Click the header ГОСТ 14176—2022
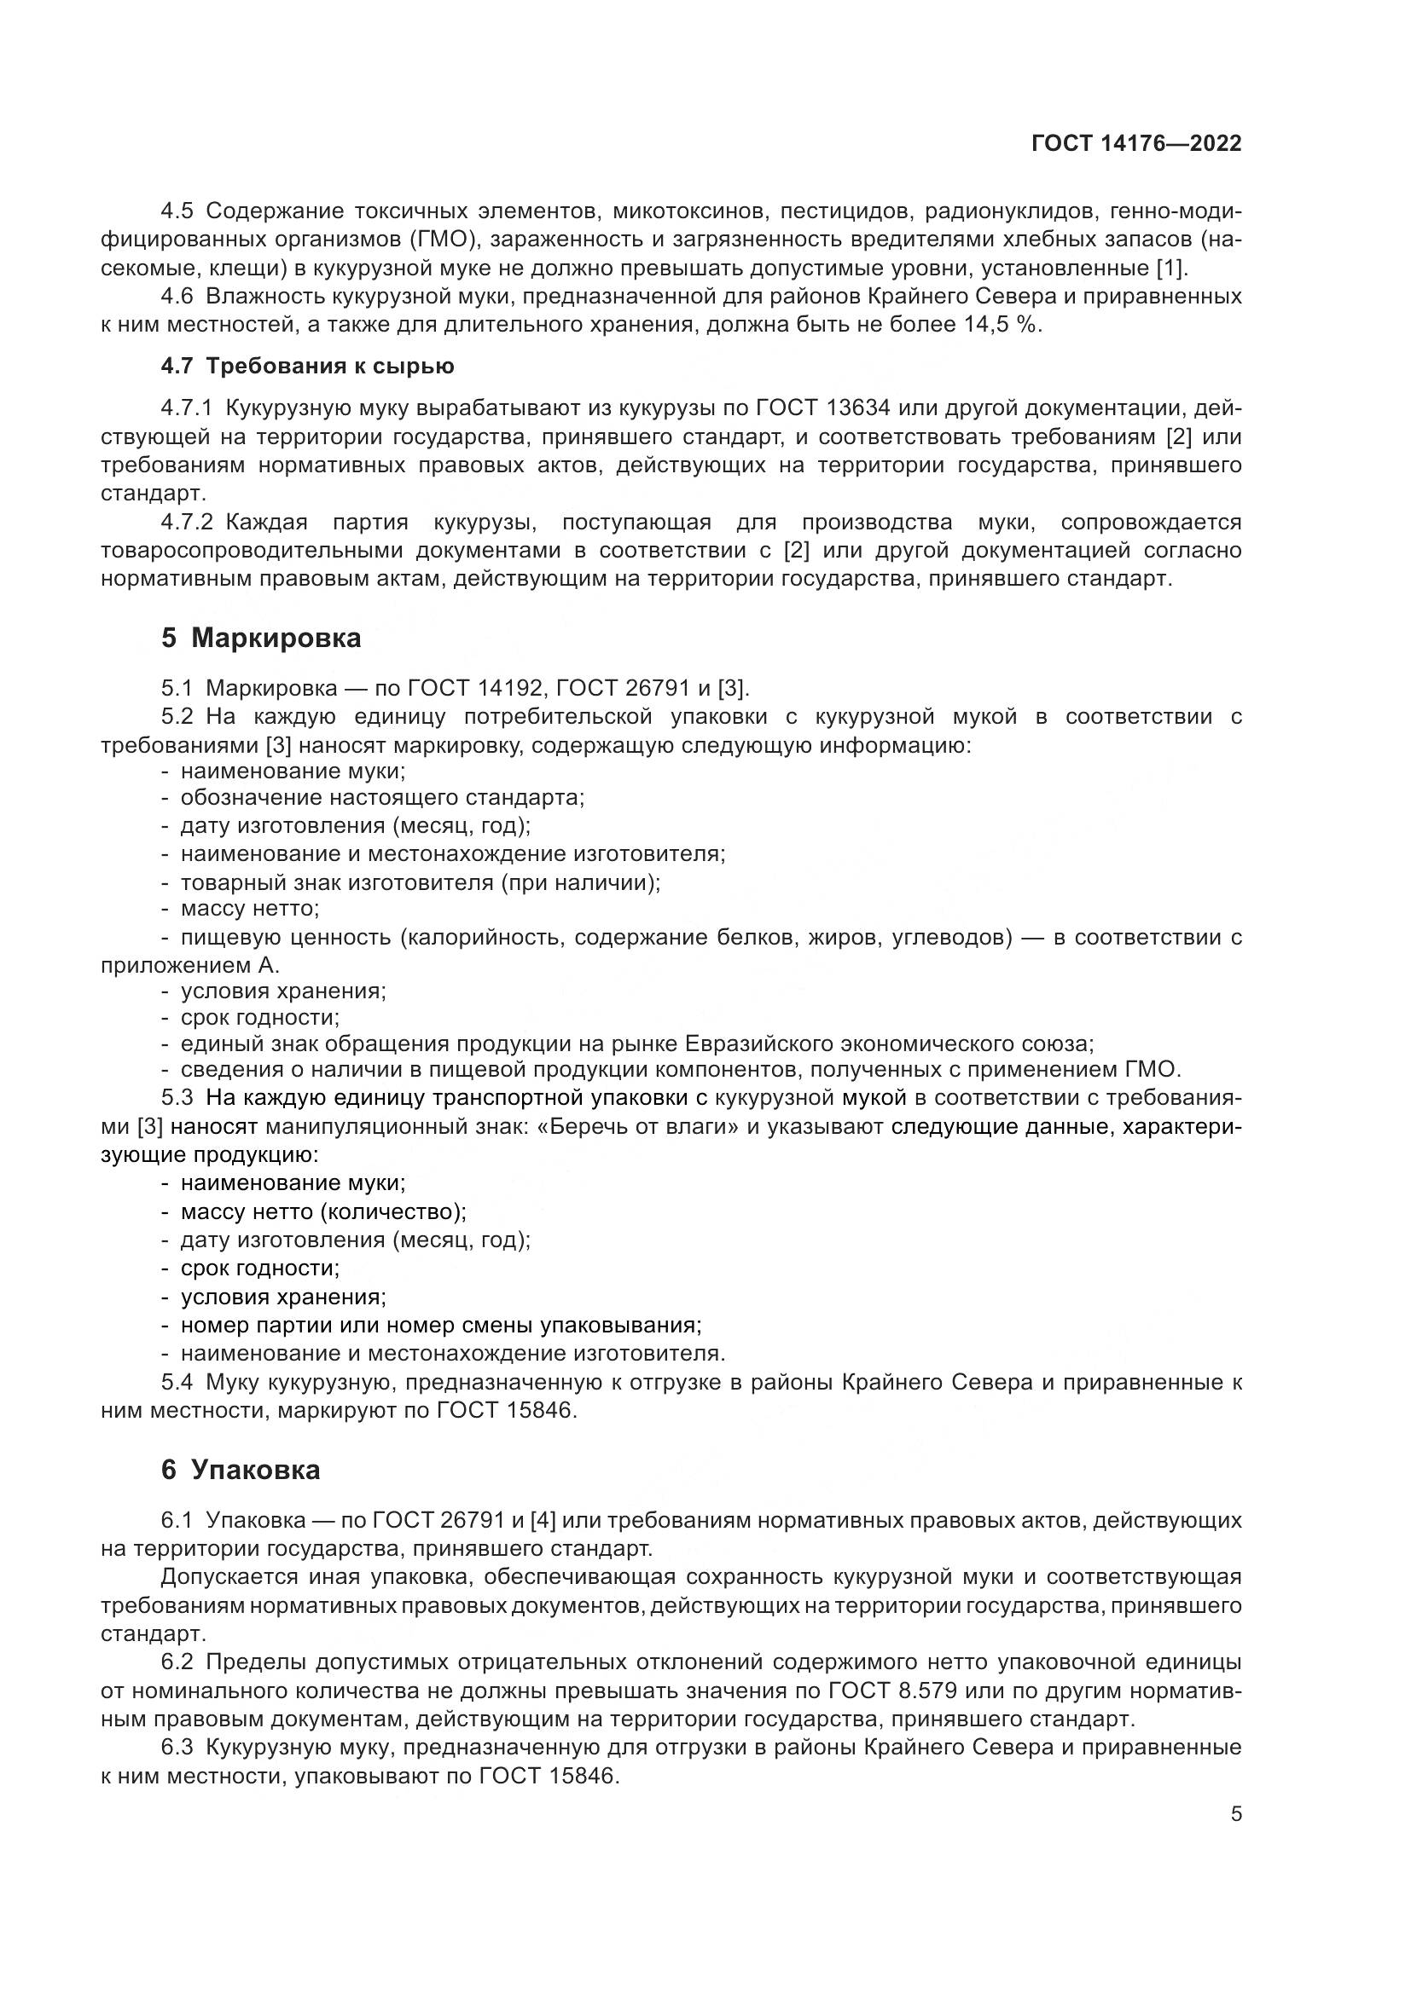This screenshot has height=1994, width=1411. [x=1135, y=143]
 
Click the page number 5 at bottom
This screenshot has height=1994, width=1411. [x=1236, y=1814]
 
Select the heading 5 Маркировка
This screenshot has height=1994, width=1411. [x=261, y=639]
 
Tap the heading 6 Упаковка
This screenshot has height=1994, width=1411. [x=241, y=1470]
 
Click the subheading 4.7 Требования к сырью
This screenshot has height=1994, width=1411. [x=308, y=366]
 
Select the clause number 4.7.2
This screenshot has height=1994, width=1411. [x=187, y=523]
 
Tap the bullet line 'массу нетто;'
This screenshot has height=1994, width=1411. [x=250, y=909]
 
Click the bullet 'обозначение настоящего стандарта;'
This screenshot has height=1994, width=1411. [x=382, y=797]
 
